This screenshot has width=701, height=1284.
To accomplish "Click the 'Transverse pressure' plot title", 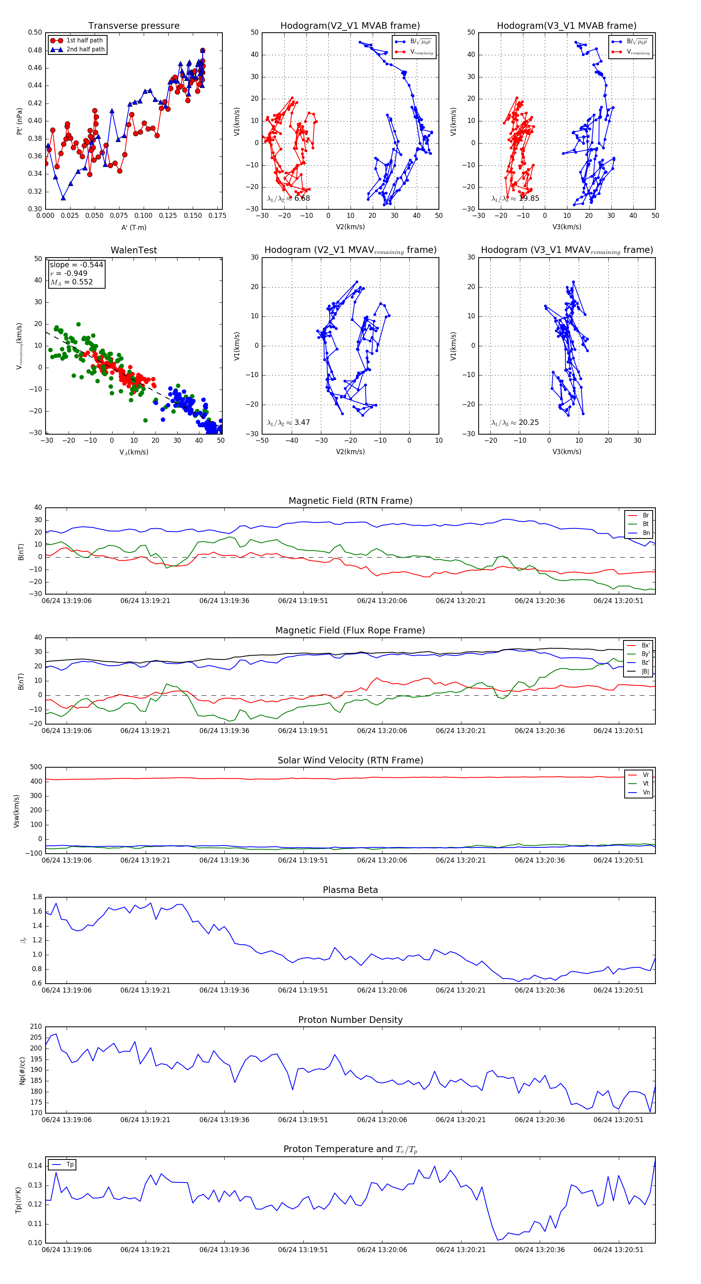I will pos(134,26).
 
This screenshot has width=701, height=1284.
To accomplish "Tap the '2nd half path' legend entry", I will pos(85,49).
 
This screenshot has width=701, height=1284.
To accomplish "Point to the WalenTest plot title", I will pos(134,250).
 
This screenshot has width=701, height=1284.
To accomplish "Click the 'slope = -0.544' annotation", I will pos(76,265).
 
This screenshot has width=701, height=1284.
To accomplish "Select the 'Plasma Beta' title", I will pos(350,890).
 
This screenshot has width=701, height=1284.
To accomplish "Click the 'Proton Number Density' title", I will pos(350,1020).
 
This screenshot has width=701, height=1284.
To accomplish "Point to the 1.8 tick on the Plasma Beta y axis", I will pos(37,897).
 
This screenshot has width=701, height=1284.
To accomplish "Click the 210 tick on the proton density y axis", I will pos(36,1026).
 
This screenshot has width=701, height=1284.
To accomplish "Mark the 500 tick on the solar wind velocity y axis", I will pos(36,767).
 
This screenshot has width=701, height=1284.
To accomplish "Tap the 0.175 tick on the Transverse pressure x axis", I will pos(217,216).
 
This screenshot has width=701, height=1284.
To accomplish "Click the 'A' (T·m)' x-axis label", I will pos(134,227).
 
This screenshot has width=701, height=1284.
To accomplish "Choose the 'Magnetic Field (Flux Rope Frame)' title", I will pos(350,631).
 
